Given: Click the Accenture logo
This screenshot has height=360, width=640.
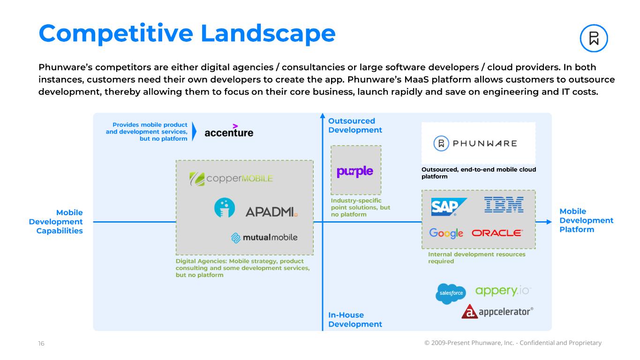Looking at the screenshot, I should click(x=229, y=132).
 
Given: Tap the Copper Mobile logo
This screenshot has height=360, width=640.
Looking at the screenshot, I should click(x=231, y=179).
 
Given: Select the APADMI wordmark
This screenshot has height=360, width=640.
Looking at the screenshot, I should click(x=271, y=212).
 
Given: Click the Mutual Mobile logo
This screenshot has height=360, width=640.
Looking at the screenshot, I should click(x=264, y=238).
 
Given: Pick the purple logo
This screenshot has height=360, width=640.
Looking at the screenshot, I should click(x=355, y=172).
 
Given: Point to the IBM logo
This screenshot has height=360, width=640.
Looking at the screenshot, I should click(x=504, y=204).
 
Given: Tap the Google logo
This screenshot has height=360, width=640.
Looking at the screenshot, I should click(x=446, y=233).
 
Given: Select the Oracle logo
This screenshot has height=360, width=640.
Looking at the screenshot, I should click(x=497, y=233).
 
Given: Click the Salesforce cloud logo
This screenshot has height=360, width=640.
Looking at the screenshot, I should click(x=450, y=293).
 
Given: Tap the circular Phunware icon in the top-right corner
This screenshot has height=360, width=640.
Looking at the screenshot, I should click(x=594, y=38).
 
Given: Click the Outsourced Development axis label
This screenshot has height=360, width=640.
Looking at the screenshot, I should click(x=355, y=126).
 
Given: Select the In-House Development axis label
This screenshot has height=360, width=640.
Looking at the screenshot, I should click(x=355, y=320).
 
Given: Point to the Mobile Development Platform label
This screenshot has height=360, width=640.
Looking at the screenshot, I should click(x=586, y=220).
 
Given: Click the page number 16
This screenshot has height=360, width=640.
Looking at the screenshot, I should click(x=41, y=344).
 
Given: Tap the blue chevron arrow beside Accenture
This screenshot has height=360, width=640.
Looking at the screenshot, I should click(x=195, y=132).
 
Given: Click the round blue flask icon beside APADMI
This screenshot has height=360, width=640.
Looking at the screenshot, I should click(x=225, y=208).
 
